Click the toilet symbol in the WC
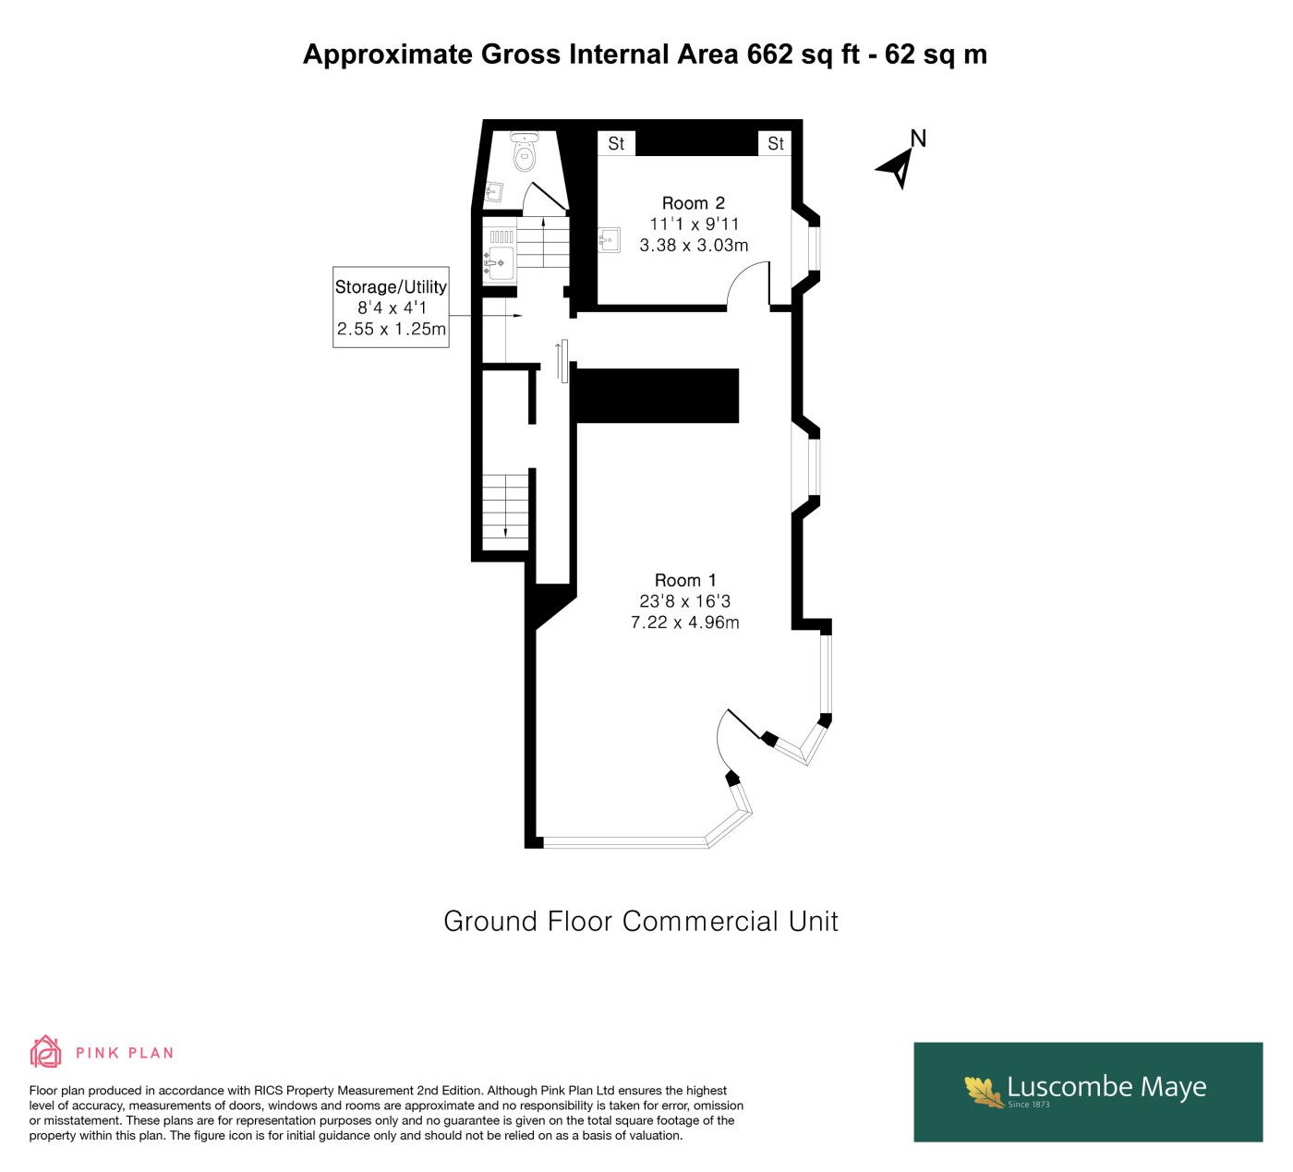click(x=526, y=151)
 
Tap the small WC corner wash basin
click(x=494, y=192)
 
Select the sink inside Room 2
click(x=610, y=240)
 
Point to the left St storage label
click(x=616, y=143)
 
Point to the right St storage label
click(x=776, y=143)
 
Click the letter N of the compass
click(x=918, y=139)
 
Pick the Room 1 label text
click(x=685, y=580)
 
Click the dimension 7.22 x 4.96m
click(x=684, y=622)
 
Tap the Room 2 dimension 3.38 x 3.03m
click(x=694, y=245)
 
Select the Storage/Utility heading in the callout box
click(x=391, y=287)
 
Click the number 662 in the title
click(x=769, y=54)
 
